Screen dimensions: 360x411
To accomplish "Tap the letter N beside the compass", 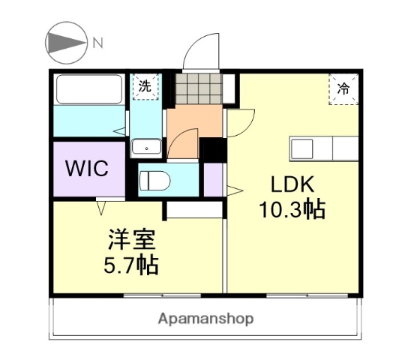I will (x=97, y=43).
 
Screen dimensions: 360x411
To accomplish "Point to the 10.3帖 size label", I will (x=292, y=210).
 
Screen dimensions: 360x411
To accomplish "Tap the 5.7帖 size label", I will (x=130, y=265).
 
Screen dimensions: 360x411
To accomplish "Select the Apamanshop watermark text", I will (x=205, y=319).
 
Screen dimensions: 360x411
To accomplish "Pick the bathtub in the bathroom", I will (x=89, y=91).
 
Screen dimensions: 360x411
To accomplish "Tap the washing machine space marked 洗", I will (x=143, y=86).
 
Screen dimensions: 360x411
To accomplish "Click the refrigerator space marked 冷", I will (x=343, y=89).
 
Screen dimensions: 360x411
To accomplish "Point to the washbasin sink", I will (x=143, y=147).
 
